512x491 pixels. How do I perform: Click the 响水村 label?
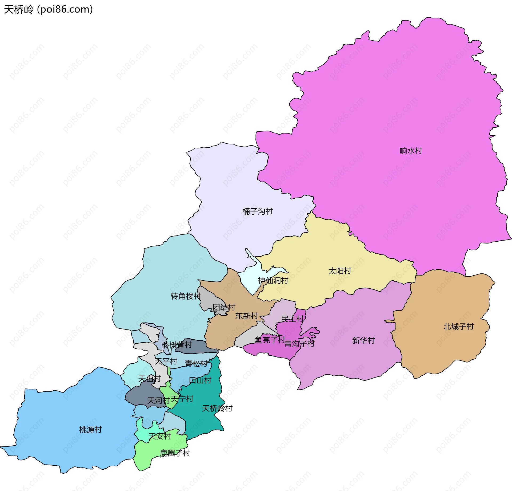click(x=411, y=151)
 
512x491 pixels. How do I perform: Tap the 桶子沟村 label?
click(x=257, y=211)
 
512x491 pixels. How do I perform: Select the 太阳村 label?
click(x=339, y=271)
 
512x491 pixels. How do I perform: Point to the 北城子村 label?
click(x=458, y=327)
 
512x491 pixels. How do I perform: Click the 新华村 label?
click(x=363, y=340)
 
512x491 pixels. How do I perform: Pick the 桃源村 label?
click(x=90, y=430)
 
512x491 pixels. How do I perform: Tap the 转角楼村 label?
click(x=186, y=296)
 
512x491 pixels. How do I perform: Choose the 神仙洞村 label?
click(x=273, y=280)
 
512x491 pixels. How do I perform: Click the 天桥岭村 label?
click(x=217, y=408)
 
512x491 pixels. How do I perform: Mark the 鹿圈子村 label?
click(x=175, y=453)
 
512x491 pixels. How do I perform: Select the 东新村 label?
click(x=246, y=316)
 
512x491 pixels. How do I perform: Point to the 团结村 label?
click(x=224, y=307)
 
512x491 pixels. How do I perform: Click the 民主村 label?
click(x=292, y=319)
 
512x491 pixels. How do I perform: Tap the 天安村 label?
click(x=159, y=436)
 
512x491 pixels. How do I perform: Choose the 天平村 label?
click(x=166, y=361)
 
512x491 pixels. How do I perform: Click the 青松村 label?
click(x=196, y=364)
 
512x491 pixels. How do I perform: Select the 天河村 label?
click(x=158, y=400)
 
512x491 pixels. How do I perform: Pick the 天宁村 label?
click(x=182, y=399)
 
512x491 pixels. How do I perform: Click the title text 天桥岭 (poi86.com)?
click(x=48, y=9)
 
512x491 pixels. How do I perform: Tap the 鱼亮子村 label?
click(x=270, y=340)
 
